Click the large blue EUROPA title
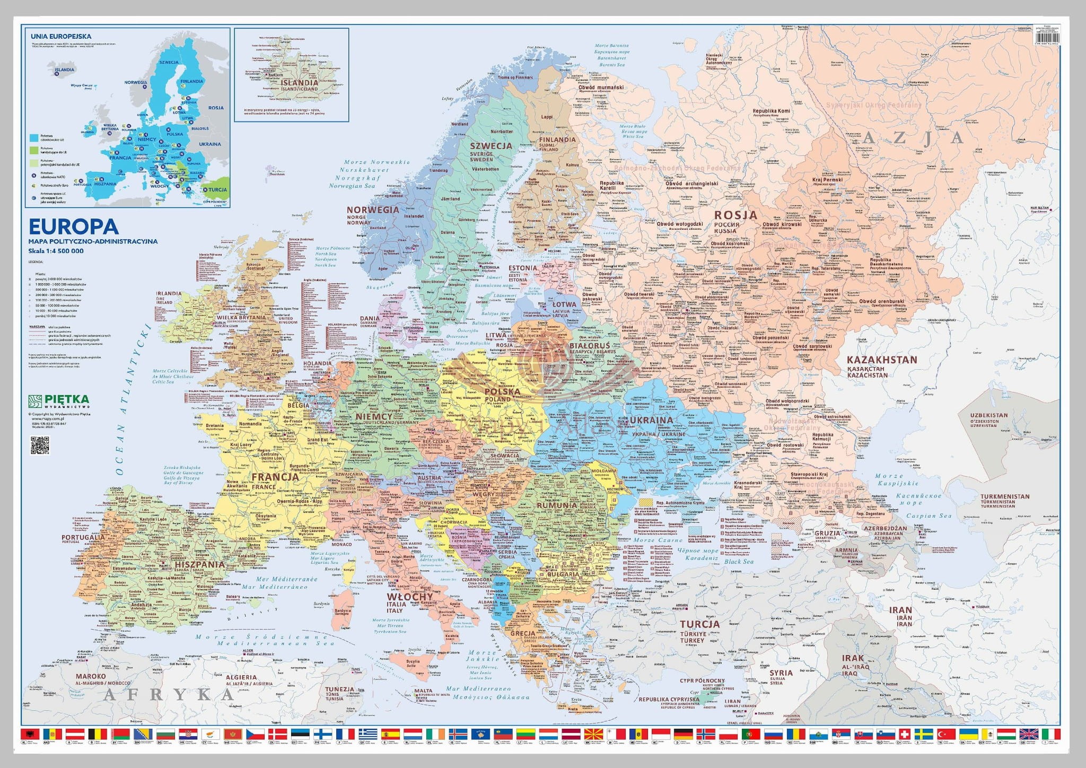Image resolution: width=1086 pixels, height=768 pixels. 73,226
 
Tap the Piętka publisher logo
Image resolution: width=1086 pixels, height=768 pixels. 59,400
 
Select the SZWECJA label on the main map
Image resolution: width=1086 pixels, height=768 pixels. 491,145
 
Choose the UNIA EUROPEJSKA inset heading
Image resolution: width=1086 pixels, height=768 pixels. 54,36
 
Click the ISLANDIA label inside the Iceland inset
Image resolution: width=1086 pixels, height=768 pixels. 300,83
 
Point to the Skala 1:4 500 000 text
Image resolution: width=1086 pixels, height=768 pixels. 56,251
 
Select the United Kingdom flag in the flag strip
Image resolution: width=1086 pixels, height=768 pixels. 1029,734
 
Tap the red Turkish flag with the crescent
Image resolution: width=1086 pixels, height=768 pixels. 945,734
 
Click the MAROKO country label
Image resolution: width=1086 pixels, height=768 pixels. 91,676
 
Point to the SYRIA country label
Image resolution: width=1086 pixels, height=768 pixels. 781,673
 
